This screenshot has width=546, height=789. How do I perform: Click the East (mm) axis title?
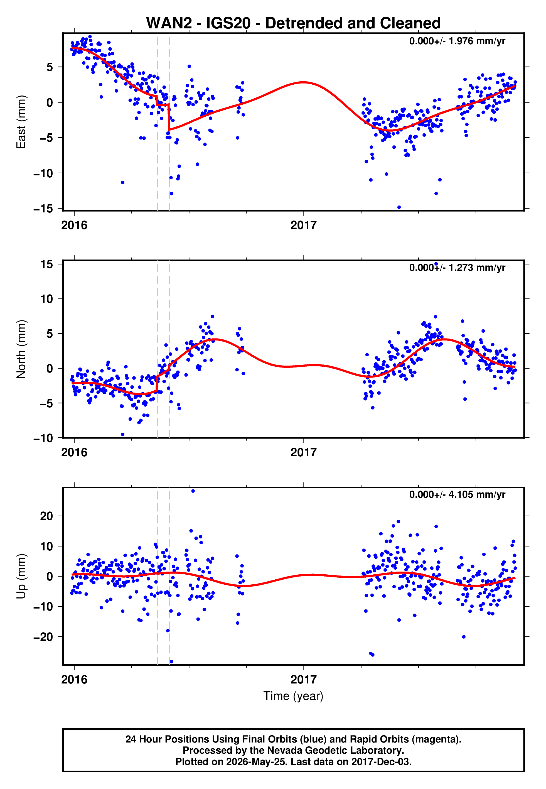[21, 122]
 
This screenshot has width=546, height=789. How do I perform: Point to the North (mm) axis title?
[21, 349]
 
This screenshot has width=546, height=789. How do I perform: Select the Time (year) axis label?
[293, 696]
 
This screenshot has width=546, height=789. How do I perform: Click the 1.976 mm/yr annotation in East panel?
[457, 41]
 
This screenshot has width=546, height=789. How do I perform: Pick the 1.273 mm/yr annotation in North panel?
[457, 268]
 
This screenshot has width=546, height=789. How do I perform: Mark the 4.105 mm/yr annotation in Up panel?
[457, 495]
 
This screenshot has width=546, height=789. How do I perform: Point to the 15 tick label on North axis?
[47, 264]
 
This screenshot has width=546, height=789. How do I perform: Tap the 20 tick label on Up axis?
[46, 516]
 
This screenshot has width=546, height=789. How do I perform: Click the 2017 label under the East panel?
[303, 225]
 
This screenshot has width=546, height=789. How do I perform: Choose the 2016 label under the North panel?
[74, 452]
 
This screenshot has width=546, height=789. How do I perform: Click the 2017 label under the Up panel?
[303, 680]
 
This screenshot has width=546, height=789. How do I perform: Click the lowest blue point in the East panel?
[399, 207]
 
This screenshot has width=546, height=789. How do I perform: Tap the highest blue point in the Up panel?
[193, 491]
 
